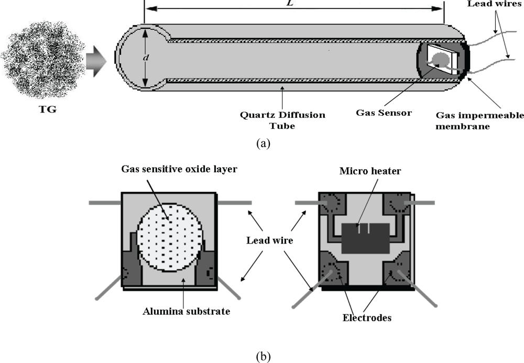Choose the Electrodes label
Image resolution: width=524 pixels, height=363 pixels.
point(365,317)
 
